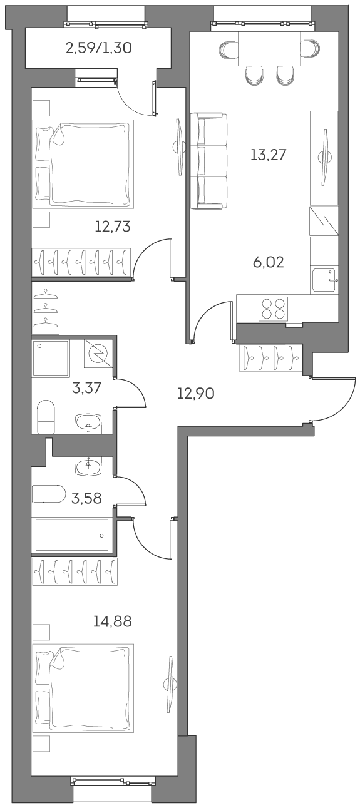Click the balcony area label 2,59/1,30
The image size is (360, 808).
click(98, 48)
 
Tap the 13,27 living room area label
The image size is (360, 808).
click(268, 155)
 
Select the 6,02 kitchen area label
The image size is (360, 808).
click(268, 262)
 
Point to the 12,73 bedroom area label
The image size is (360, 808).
click(113, 226)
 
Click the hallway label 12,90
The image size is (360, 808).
click(196, 394)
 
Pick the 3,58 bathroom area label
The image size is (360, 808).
click(86, 498)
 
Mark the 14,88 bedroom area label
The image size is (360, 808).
click(113, 621)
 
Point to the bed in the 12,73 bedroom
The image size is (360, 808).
click(83, 163)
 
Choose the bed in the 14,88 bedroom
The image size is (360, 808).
click(83, 688)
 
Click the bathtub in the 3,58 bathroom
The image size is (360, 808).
click(72, 534)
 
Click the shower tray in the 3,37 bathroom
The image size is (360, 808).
click(51, 359)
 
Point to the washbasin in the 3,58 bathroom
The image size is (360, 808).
click(88, 464)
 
